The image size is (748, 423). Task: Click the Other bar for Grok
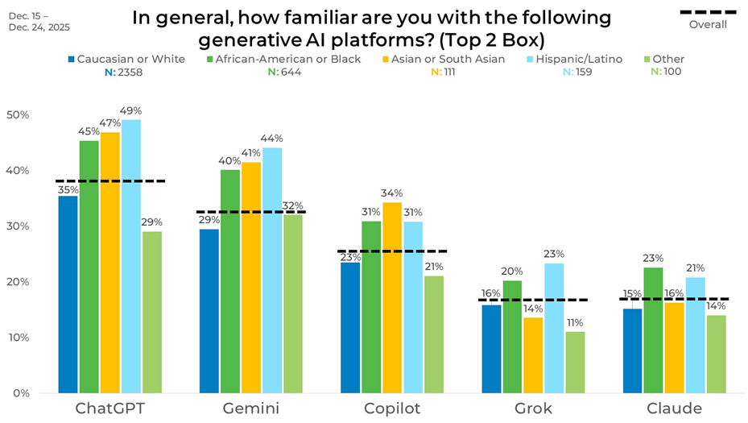point(575,363)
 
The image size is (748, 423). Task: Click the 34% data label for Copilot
point(392,193)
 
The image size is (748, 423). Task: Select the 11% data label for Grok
point(576,323)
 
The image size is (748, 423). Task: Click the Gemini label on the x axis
point(252,408)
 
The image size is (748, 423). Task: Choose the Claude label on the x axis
point(675,408)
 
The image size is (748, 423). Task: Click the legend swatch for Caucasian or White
point(72,59)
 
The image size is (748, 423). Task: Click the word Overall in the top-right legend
point(708,24)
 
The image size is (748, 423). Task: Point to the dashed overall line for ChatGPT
point(110,181)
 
